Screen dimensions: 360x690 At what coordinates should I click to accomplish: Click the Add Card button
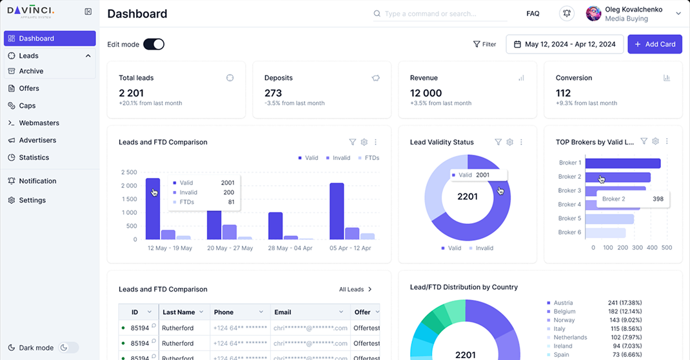tap(655, 44)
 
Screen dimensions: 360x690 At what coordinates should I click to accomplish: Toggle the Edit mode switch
tap(153, 44)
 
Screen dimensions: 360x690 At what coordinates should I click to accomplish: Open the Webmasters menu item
tap(39, 123)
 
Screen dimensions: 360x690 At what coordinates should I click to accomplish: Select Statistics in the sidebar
tap(34, 157)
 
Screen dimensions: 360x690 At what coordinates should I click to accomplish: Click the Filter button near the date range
tap(485, 45)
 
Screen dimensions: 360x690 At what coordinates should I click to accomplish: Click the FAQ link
tap(533, 14)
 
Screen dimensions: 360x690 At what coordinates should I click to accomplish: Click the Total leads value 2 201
tap(131, 93)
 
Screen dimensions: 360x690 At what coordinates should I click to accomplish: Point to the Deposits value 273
tap(273, 93)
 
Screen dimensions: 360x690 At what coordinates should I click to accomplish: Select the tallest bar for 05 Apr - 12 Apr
tap(337, 211)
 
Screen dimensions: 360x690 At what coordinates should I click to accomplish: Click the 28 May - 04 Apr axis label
tap(290, 248)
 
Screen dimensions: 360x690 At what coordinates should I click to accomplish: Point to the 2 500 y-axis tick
tap(128, 172)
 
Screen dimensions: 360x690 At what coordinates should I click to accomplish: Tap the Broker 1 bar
tap(623, 163)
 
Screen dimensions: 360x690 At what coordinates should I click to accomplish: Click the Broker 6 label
tap(569, 232)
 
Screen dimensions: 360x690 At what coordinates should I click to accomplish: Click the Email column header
tap(282, 312)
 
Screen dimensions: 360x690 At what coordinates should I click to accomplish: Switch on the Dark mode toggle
tap(68, 348)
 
